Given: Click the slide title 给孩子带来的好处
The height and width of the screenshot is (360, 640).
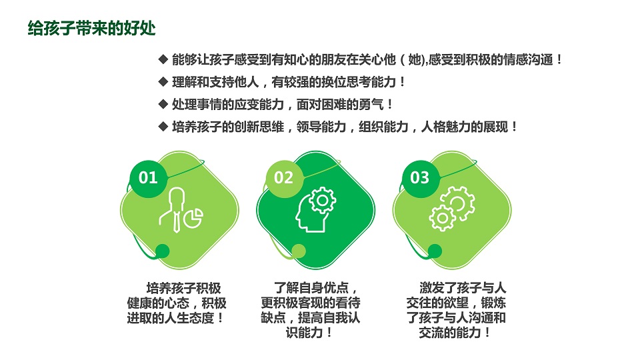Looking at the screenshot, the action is point(92,29).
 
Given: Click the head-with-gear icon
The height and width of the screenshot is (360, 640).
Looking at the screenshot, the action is point(316,210).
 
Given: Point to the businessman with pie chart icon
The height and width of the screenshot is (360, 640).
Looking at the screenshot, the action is point(181,210).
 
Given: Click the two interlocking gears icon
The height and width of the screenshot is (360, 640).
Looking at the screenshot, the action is point(452,209).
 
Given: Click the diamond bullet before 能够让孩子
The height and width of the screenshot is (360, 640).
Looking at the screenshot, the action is point(163,59).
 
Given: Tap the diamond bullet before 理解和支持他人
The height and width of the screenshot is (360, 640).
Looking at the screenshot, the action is point(163,82).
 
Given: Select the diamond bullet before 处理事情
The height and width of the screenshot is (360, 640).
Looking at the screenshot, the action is point(163,105).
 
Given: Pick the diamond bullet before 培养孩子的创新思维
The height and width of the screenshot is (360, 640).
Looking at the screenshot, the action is point(163,127).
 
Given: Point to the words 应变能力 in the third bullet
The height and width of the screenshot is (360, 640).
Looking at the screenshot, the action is point(259,105).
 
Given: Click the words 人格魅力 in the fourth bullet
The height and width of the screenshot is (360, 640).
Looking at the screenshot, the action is point(446,127).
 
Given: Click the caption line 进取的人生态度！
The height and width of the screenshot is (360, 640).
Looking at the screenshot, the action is point(176,318).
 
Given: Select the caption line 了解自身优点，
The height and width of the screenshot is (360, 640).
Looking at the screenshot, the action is point(316,288).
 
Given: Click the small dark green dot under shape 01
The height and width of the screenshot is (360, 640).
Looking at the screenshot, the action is point(163,251).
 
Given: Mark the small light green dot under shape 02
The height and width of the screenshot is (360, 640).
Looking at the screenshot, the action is point(299,251).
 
